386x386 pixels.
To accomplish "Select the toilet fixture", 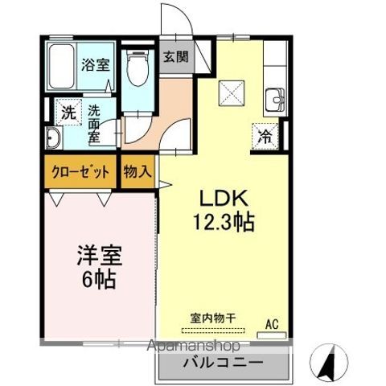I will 139,72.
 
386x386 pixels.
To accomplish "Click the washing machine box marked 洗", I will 70,113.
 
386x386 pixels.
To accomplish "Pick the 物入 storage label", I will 137,172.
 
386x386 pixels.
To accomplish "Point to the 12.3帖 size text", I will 224,223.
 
